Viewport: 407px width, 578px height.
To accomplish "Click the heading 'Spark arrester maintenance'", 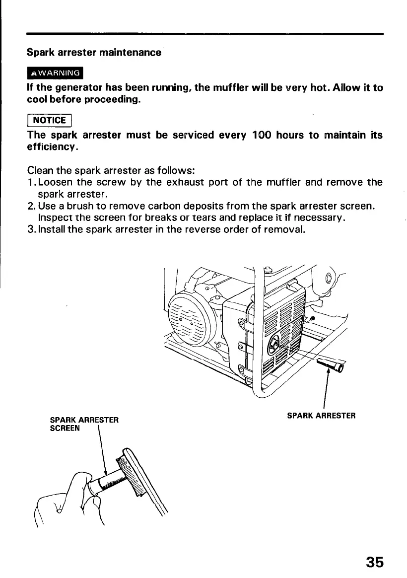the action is (x=94, y=52).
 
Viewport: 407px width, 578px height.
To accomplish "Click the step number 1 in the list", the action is (x=31, y=182).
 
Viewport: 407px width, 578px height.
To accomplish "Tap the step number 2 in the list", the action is (x=31, y=206).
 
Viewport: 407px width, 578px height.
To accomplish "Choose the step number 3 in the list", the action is (x=31, y=229).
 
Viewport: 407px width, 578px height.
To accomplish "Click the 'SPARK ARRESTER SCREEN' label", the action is (x=84, y=424).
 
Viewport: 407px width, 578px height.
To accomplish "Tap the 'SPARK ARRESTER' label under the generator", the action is (x=321, y=415).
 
